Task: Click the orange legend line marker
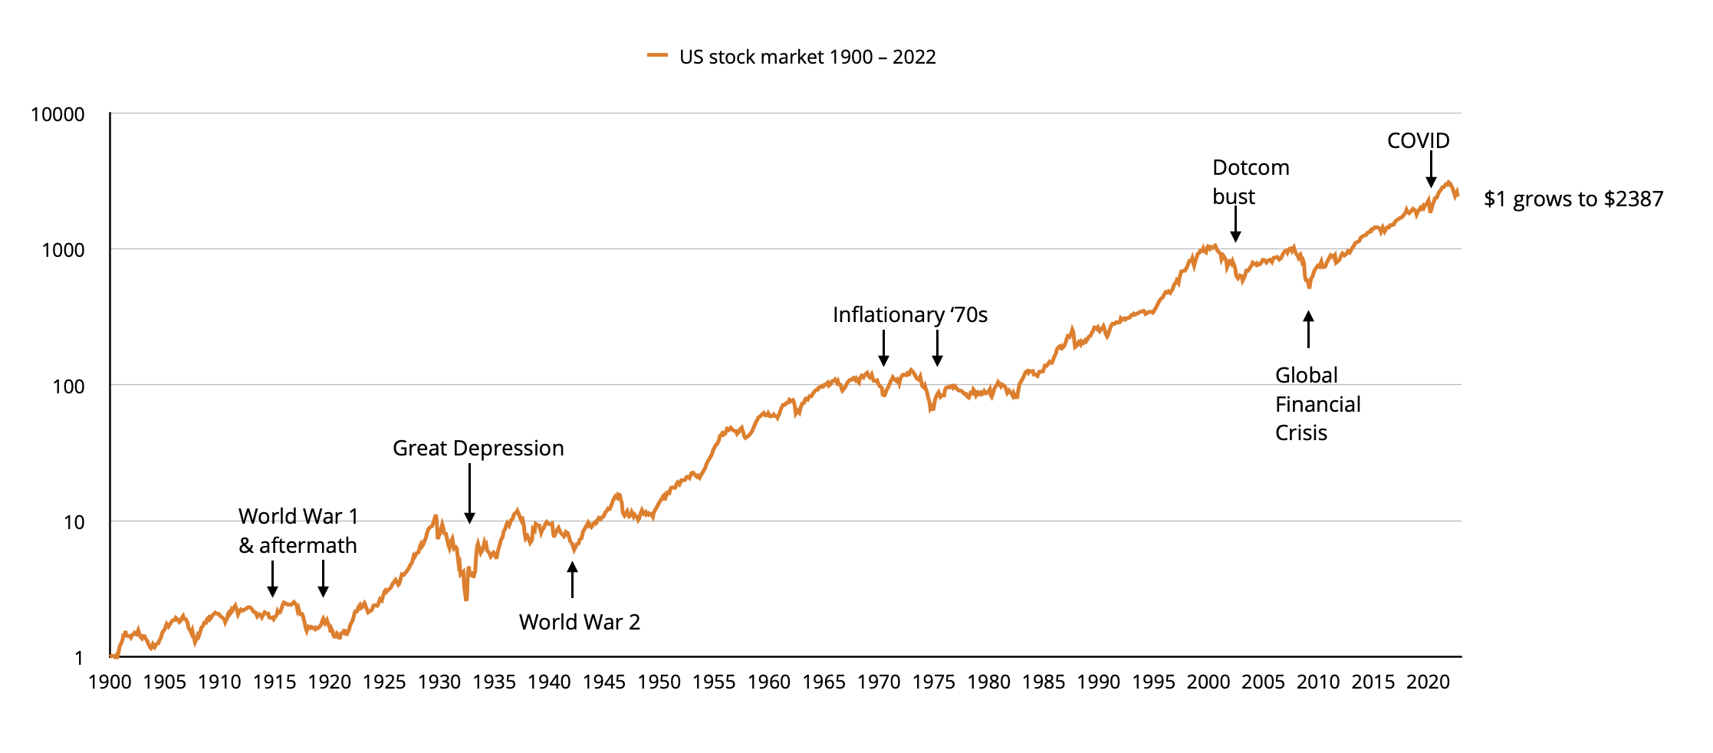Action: point(657,55)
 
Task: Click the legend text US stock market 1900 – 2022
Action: point(807,57)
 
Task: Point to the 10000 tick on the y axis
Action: point(58,114)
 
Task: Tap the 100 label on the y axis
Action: point(68,386)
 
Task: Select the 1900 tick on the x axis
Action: point(110,682)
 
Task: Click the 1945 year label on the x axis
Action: point(604,682)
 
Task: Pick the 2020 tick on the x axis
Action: point(1428,682)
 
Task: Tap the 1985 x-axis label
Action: point(1044,682)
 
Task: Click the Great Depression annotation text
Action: point(478,448)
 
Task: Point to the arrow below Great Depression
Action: point(469,494)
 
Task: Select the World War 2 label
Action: point(579,622)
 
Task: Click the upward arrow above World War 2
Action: point(572,580)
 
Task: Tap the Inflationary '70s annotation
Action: point(910,314)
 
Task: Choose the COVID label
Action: point(1418,140)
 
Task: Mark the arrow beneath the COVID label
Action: point(1431,169)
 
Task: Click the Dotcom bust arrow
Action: point(1235,224)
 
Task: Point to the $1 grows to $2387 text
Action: point(1573,199)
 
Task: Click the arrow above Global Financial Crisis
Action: point(1308,329)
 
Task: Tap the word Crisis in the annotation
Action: point(1300,432)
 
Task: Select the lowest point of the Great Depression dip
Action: point(466,599)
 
